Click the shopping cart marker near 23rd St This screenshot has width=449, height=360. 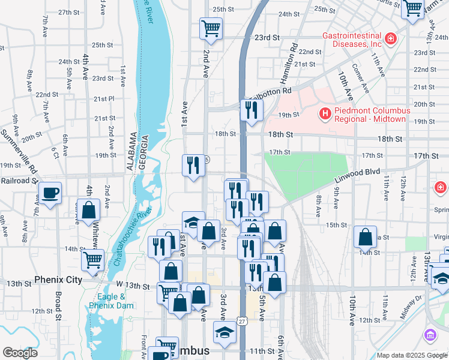(211, 28)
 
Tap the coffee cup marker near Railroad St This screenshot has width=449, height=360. (50, 193)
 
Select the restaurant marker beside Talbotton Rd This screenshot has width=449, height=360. (252, 110)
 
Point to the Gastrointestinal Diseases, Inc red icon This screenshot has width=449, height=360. (391, 39)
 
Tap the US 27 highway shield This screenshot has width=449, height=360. (241, 322)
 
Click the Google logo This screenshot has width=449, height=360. (20, 353)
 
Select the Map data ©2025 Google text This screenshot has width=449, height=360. (411, 355)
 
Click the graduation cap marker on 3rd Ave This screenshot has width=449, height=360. (224, 332)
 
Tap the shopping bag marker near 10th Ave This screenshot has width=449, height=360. (365, 237)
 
